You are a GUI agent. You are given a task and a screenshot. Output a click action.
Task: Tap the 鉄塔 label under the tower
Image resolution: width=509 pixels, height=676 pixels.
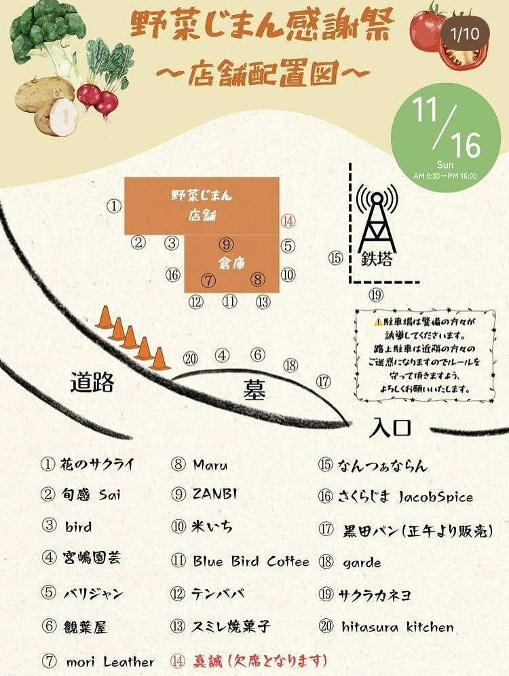[378, 259]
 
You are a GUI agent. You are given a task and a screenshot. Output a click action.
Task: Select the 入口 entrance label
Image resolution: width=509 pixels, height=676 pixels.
[391, 429]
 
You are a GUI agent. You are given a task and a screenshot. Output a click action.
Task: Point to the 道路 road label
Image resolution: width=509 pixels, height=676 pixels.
[92, 383]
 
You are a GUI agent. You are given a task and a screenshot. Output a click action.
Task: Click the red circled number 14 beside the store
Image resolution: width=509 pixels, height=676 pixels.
[288, 221]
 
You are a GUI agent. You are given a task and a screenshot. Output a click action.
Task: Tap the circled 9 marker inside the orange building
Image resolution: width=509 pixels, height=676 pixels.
[226, 245]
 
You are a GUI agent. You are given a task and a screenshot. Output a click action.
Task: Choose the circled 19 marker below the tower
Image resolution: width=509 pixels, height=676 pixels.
[376, 295]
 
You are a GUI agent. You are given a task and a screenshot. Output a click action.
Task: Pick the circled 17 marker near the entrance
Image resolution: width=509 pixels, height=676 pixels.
[324, 382]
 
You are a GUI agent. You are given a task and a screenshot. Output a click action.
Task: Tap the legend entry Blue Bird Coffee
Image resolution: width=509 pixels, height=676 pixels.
[250, 562]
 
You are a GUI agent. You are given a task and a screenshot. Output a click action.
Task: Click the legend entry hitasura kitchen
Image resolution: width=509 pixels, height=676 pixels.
[397, 626]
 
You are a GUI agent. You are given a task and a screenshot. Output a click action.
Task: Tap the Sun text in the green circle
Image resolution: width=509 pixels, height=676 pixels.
[445, 164]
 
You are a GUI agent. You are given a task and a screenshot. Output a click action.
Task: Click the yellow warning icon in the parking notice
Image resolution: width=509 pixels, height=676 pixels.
[377, 322]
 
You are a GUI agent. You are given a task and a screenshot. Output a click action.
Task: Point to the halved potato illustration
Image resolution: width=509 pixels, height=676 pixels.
[58, 116]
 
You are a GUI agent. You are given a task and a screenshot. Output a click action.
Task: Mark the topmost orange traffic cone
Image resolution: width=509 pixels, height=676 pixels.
[105, 317]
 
